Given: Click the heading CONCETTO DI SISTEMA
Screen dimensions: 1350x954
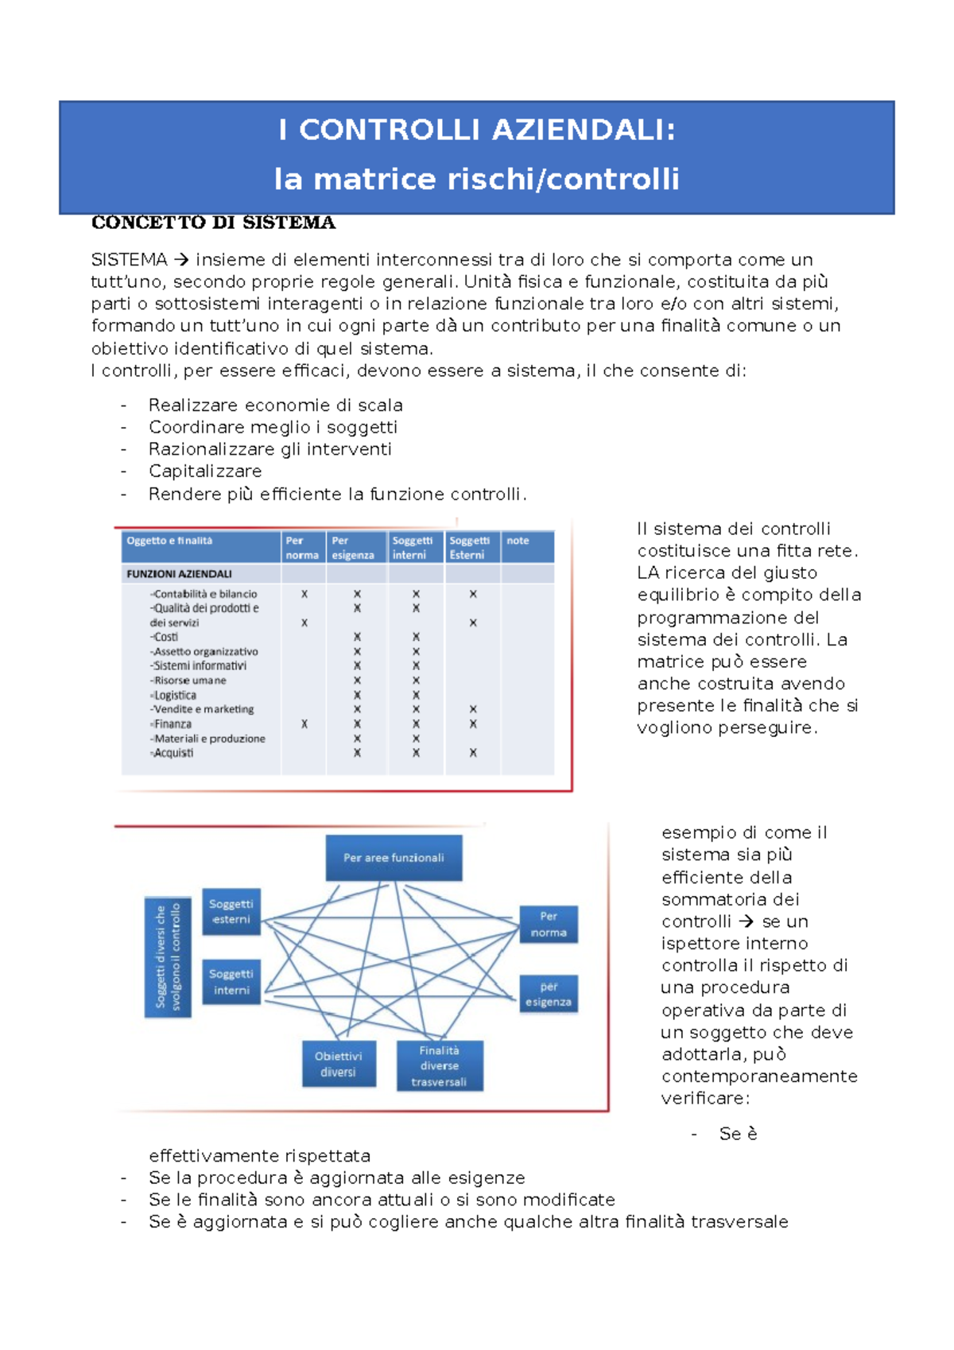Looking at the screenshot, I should point(213,223).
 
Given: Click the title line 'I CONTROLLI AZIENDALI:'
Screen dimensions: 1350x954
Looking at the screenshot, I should point(477,130).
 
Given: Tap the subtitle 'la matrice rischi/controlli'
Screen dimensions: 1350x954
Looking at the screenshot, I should point(477,179).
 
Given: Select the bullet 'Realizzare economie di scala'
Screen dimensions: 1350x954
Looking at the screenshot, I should point(275,405).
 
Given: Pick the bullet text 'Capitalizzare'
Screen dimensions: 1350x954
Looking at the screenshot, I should point(205,471).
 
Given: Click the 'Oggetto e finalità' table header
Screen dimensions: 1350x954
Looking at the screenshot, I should point(169,541).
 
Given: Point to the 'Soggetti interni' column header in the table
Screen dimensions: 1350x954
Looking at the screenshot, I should point(413,547).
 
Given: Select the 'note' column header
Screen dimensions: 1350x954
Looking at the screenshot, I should point(518,541).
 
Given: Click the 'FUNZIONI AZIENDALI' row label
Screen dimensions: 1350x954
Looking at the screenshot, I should point(179,573).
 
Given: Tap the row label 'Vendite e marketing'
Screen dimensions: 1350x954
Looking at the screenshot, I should point(204,709).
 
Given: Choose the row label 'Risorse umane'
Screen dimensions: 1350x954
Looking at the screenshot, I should point(190,681).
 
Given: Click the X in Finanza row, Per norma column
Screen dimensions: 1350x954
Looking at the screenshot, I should point(304,724).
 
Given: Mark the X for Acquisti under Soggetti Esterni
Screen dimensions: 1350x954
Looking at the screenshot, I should point(473,753).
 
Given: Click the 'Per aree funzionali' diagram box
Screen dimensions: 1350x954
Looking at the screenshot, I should point(394,858).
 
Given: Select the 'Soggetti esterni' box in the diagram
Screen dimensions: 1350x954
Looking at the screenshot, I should point(231,911).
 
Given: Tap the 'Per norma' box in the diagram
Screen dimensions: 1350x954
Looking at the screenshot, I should point(549,924).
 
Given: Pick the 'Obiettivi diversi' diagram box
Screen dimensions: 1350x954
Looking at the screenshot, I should point(338,1064).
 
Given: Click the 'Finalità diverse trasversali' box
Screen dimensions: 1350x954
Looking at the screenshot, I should point(440,1066).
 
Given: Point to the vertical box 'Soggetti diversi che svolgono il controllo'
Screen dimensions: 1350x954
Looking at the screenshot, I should point(168,956).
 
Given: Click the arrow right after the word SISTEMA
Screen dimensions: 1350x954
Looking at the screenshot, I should point(182,260).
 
